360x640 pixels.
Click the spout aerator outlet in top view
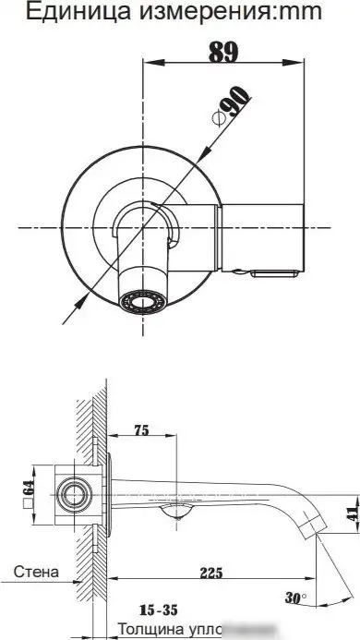142,300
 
